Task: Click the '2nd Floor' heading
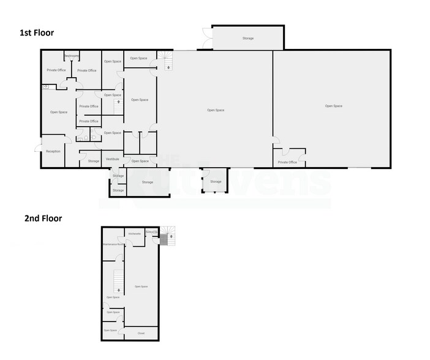coord(43,217)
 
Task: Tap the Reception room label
coord(53,151)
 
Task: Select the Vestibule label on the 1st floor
coord(112,159)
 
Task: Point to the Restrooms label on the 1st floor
coord(72,56)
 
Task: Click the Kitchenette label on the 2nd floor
coord(135,234)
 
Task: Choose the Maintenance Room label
coord(114,244)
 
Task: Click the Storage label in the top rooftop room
coord(247,38)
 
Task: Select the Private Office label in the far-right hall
coord(287,162)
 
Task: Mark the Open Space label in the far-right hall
coord(333,106)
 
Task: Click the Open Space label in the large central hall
coord(216,110)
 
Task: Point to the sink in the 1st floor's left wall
coord(46,88)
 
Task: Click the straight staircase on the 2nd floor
coord(115,282)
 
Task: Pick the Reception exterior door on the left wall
coord(38,147)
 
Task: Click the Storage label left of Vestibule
coord(93,161)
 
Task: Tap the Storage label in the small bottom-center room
coord(216,182)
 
